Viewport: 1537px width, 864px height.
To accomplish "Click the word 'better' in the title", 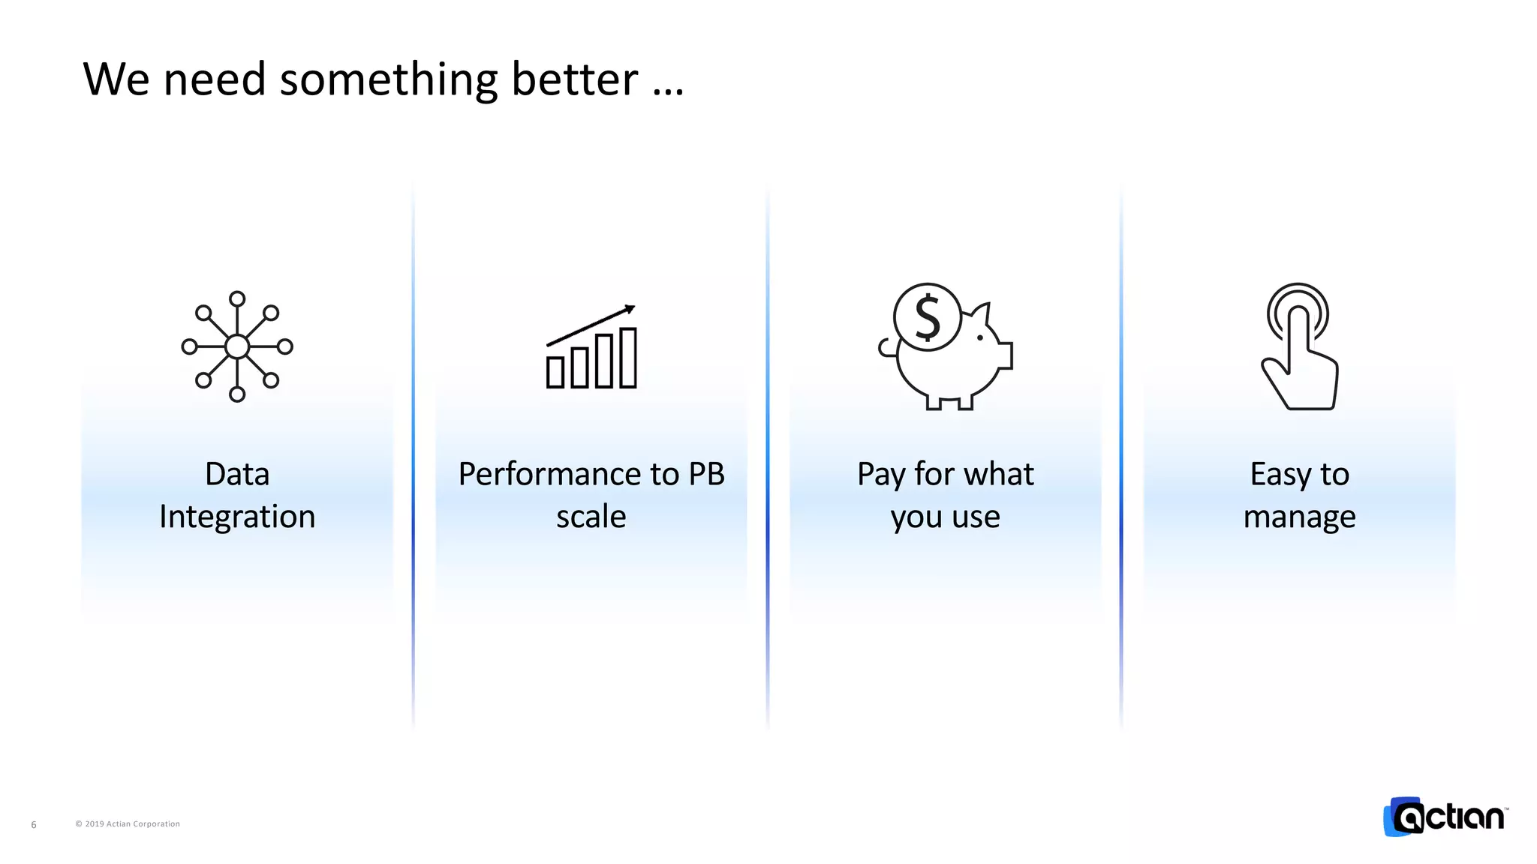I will [574, 79].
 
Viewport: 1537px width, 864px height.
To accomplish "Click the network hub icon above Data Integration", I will [237, 346].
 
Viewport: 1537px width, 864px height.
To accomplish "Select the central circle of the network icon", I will [237, 346].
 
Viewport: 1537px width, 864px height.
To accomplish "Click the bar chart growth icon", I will [591, 349].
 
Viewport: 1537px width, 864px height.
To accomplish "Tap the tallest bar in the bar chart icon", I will [628, 358].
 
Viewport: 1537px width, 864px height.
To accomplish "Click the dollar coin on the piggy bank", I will [928, 316].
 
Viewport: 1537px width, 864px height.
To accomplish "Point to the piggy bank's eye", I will [980, 338].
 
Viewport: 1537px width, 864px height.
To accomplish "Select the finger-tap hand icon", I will [1300, 346].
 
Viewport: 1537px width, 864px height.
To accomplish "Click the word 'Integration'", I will [237, 517].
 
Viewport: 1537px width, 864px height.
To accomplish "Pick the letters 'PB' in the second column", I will [706, 474].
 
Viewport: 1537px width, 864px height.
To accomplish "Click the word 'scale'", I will [591, 517].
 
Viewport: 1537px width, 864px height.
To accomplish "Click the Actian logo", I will [1445, 817].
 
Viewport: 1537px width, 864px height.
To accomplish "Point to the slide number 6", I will [34, 825].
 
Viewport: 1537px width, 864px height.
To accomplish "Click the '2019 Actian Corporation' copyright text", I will [128, 823].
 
